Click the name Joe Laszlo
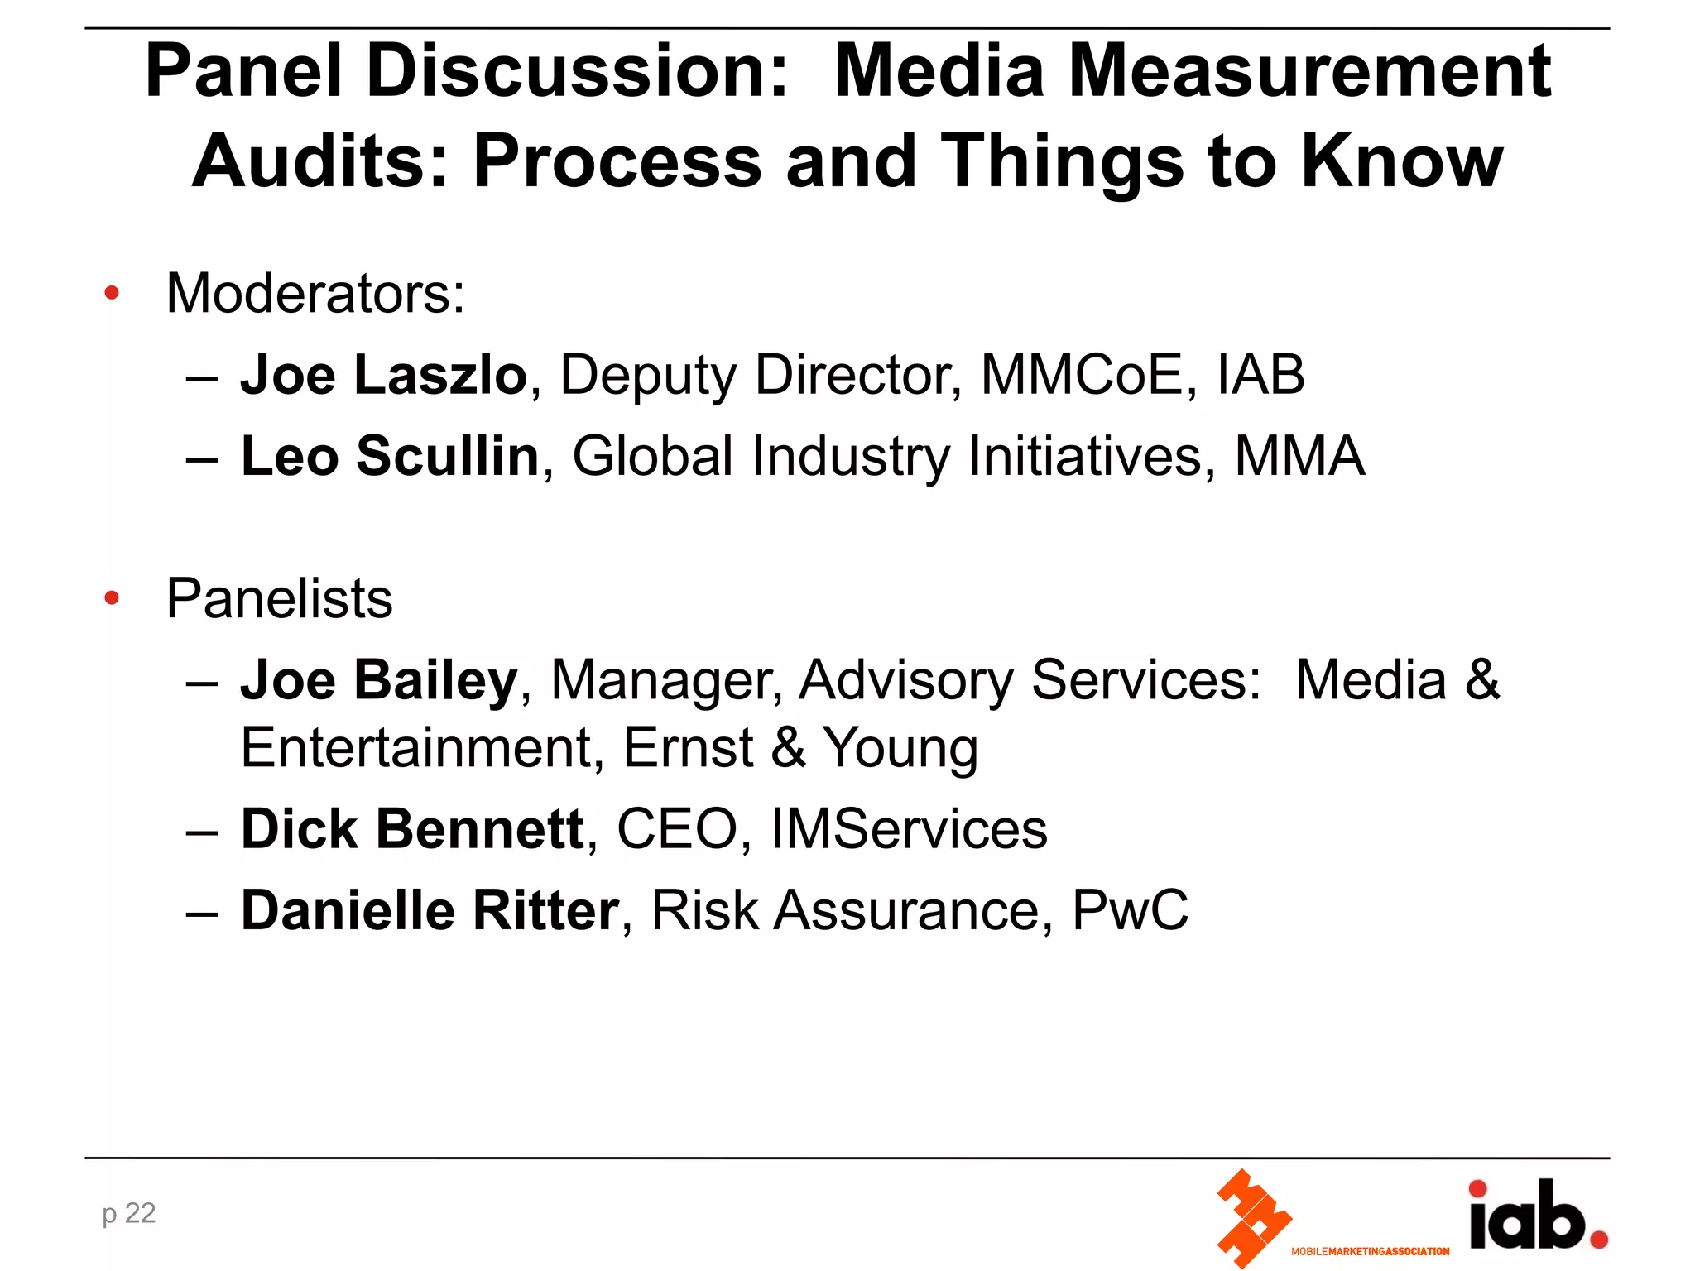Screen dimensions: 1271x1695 pyautogui.click(x=383, y=375)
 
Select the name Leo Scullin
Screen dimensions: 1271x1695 pyautogui.click(x=390, y=456)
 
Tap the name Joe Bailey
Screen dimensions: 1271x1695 pyautogui.click(x=379, y=680)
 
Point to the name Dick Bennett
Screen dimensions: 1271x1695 pyautogui.click(x=412, y=829)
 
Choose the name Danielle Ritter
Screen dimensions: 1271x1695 pyautogui.click(x=430, y=910)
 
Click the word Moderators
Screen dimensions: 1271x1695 pyautogui.click(x=315, y=293)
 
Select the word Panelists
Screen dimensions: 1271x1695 pyautogui.click(x=280, y=598)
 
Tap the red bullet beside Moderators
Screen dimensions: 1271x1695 pyautogui.click(x=112, y=293)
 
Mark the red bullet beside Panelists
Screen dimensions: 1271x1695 pyautogui.click(x=112, y=597)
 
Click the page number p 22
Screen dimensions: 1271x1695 pyautogui.click(x=129, y=1213)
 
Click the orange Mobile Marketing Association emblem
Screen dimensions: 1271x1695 pyautogui.click(x=1252, y=1217)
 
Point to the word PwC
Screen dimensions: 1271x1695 pyautogui.click(x=1130, y=910)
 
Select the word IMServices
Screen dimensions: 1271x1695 pyautogui.click(x=909, y=829)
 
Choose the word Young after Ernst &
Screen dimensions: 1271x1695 pyautogui.click(x=900, y=748)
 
